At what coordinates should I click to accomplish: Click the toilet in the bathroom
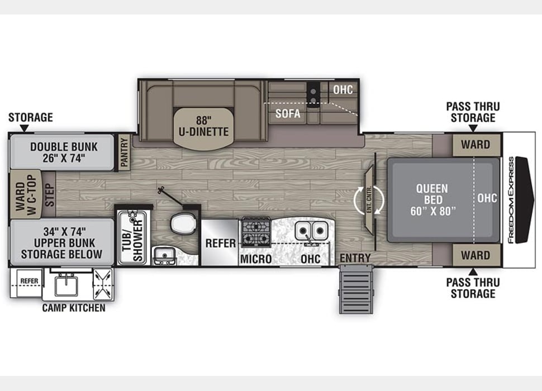[x=183, y=223]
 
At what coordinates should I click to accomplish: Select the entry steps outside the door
[x=356, y=289]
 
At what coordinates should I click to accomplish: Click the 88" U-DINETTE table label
[x=203, y=126]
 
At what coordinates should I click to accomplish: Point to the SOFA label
[x=288, y=113]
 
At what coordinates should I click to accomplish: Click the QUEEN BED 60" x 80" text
[x=433, y=199]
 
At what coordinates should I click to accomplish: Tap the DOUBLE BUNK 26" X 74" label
[x=64, y=152]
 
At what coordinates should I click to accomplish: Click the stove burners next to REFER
[x=256, y=232]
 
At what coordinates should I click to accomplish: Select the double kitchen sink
[x=312, y=231]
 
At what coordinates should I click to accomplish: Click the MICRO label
[x=256, y=259]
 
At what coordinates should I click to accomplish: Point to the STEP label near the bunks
[x=50, y=195]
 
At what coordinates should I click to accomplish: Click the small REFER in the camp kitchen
[x=29, y=281]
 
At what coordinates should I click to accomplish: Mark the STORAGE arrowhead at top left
[x=24, y=128]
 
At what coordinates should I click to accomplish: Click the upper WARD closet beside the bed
[x=476, y=145]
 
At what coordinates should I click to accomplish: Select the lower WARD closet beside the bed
[x=476, y=255]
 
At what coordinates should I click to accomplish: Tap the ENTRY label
[x=355, y=258]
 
